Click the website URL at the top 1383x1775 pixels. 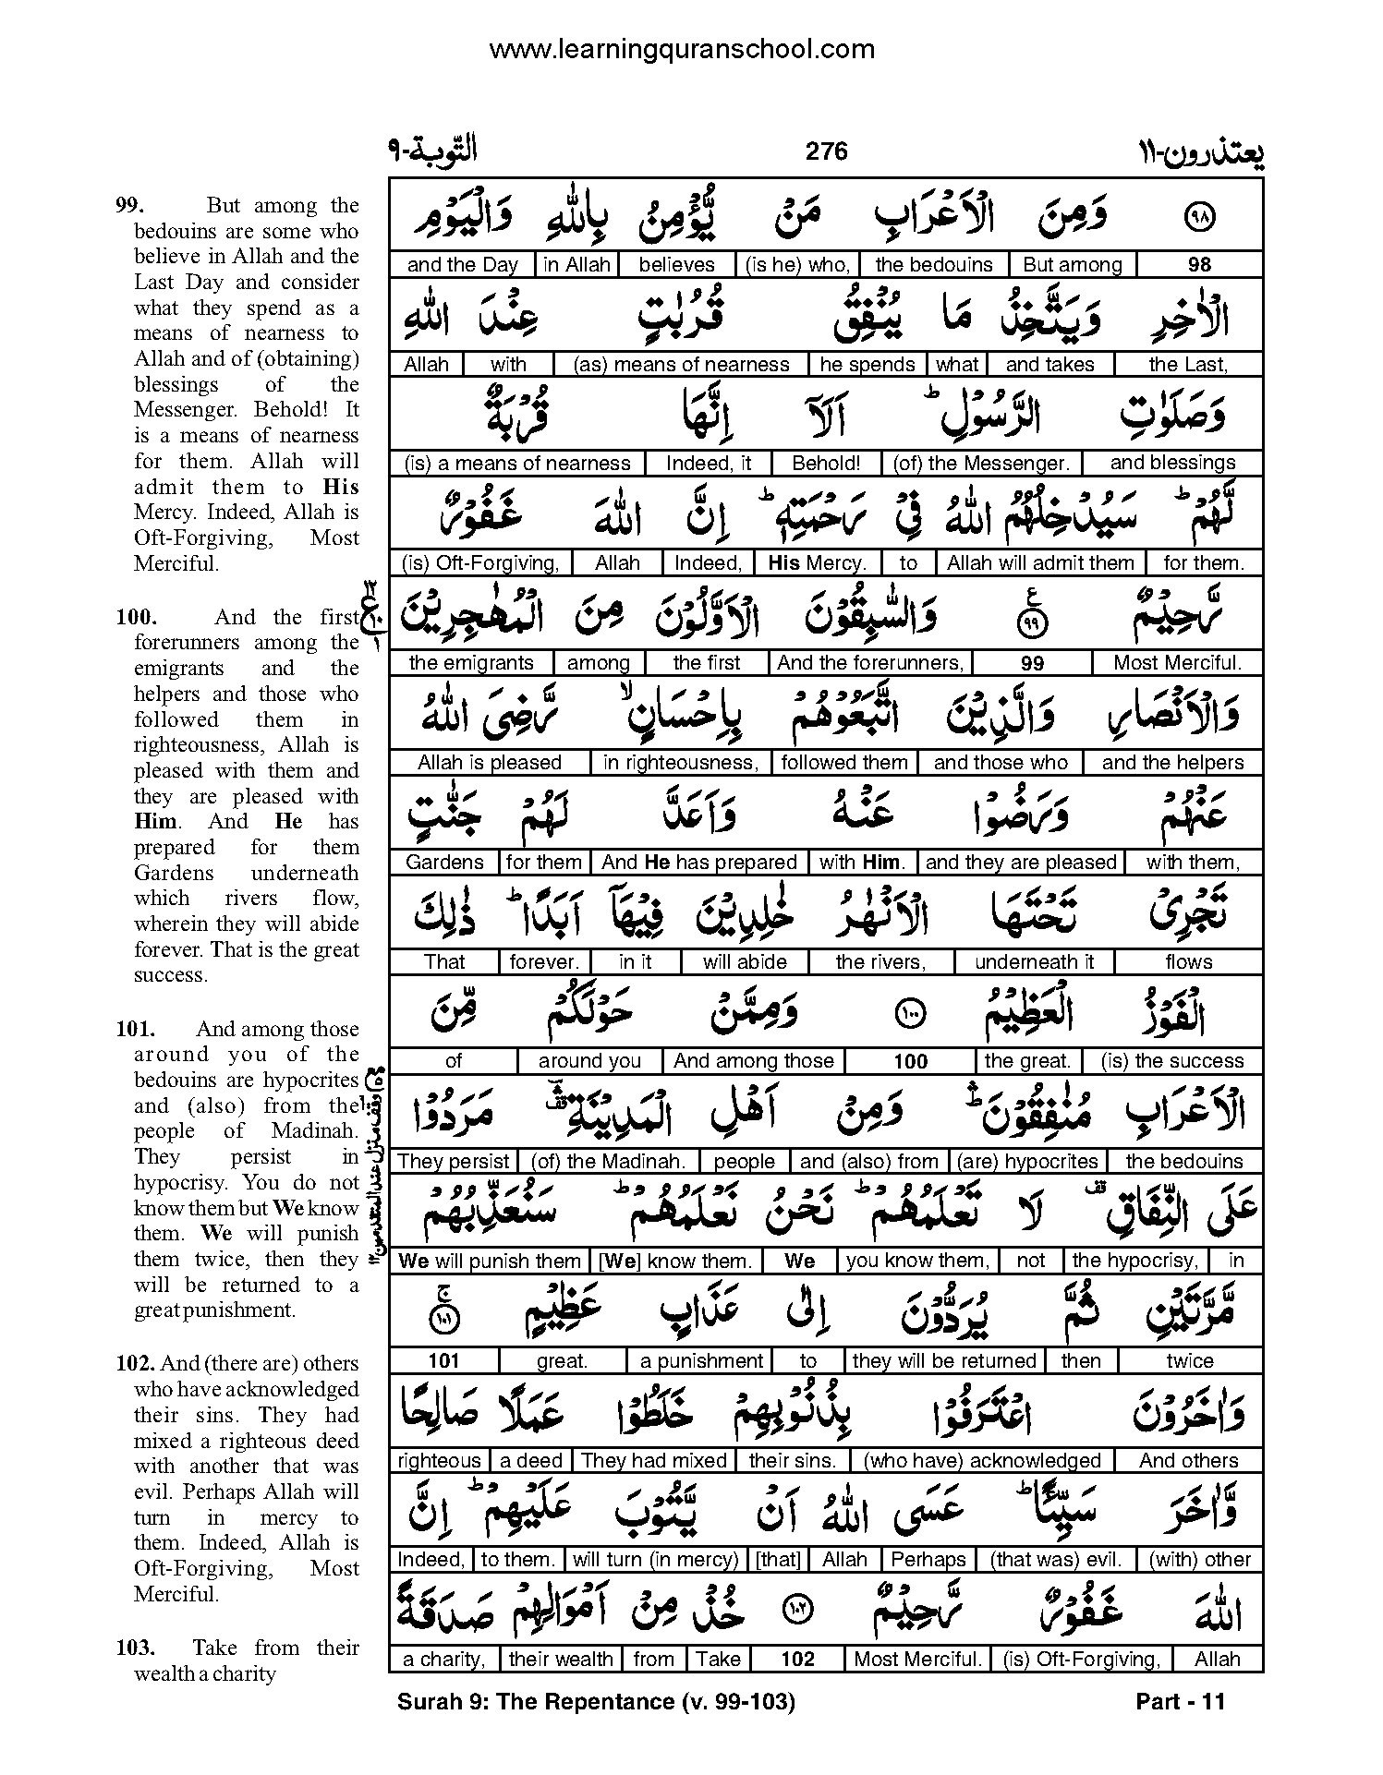[682, 49]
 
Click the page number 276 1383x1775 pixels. [826, 151]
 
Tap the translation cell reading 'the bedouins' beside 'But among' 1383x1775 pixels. [933, 265]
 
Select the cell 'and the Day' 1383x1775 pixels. [462, 265]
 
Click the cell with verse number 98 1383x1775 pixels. [1198, 265]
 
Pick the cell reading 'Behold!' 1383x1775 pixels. [826, 464]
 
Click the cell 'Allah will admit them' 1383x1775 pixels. [1040, 563]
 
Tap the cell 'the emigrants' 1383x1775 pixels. [471, 663]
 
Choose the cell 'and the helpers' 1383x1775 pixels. [1172, 763]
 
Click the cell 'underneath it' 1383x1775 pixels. [1034, 962]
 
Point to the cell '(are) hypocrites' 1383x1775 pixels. [1027, 1162]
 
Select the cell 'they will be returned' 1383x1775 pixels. [944, 1361]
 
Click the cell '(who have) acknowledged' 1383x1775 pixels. [982, 1461]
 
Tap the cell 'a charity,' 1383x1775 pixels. [444, 1660]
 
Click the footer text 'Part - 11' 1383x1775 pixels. [1180, 1701]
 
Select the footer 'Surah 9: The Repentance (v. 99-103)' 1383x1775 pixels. [596, 1701]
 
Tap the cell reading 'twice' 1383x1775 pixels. [1189, 1361]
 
